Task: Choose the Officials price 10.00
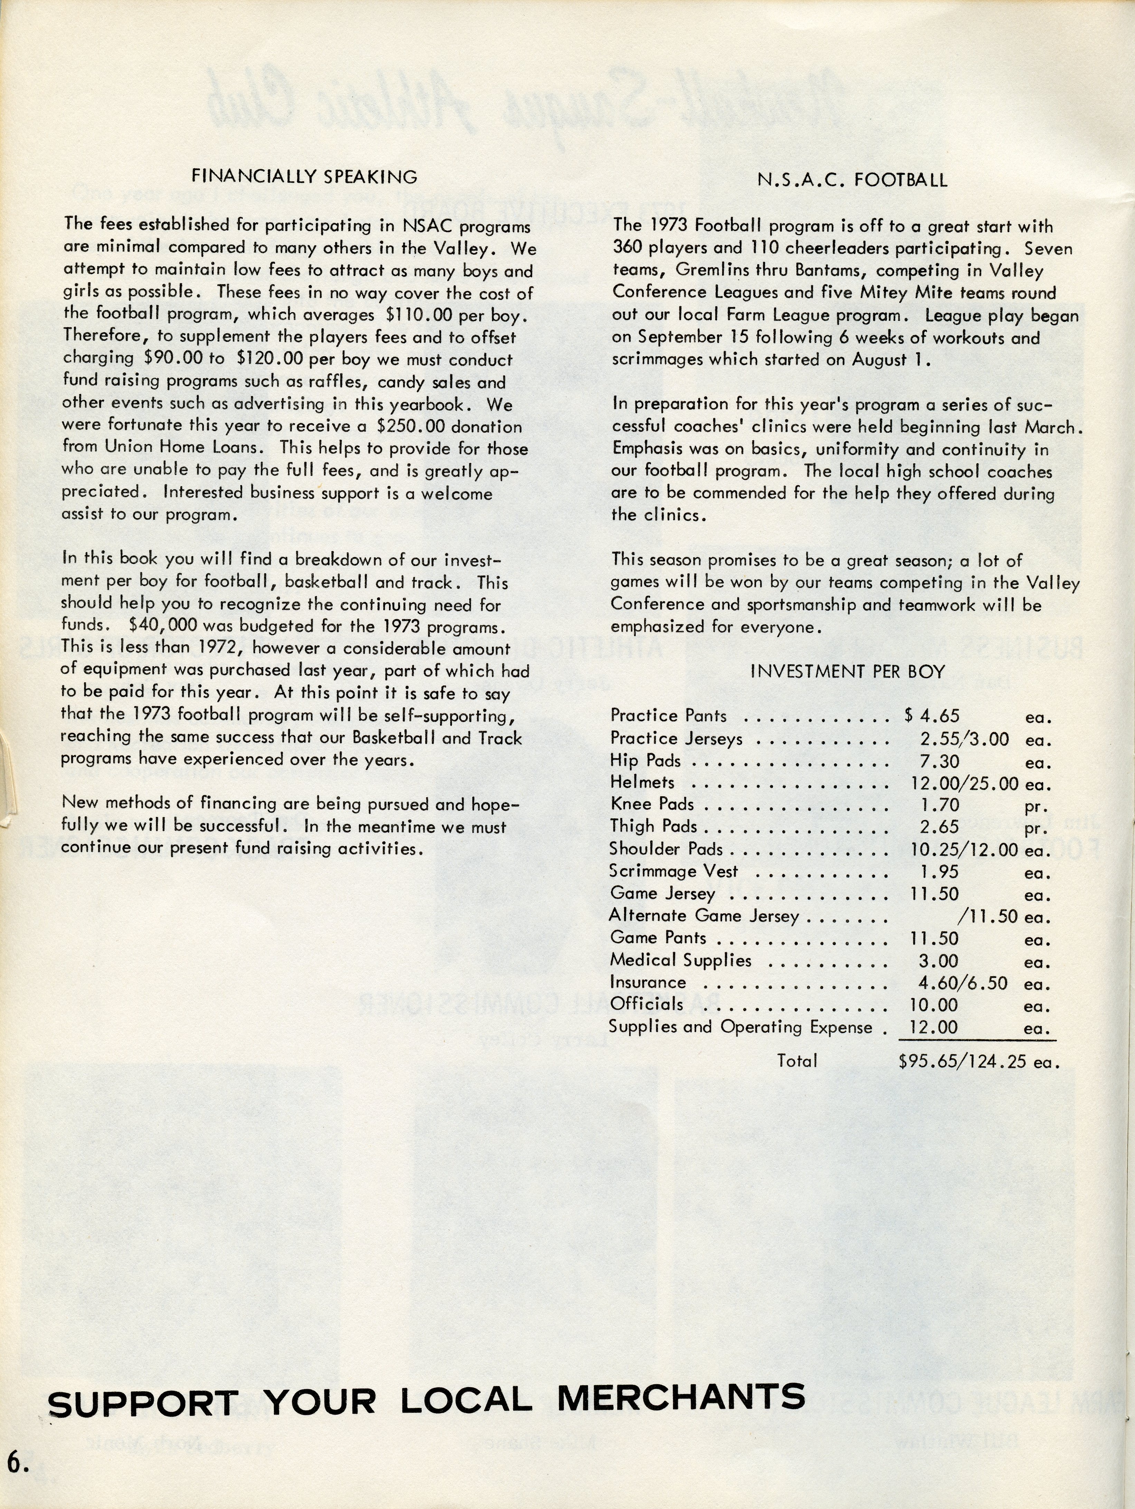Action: tap(934, 1005)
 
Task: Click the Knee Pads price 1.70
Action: tap(940, 805)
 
